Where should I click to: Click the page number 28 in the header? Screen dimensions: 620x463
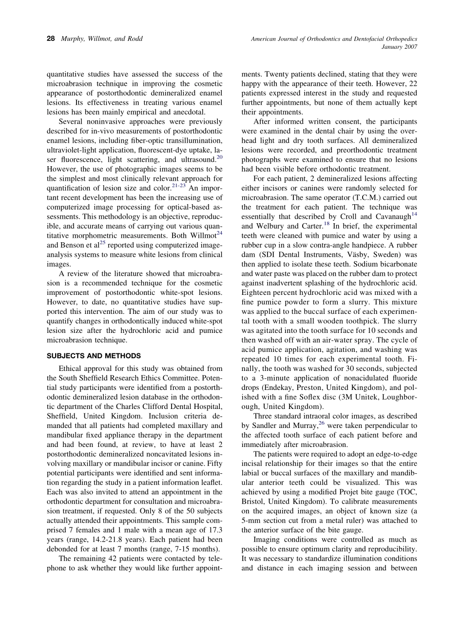click(50, 39)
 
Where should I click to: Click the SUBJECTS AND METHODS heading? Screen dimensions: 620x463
click(94, 356)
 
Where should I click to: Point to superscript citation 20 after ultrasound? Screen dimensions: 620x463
click(219, 157)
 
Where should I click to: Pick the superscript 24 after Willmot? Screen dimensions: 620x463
click(219, 233)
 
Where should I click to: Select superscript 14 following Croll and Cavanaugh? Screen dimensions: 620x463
click(414, 214)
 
